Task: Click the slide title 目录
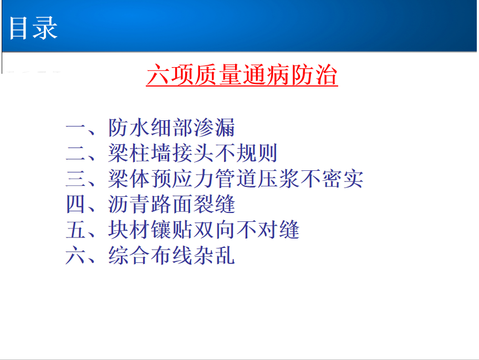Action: tap(33, 28)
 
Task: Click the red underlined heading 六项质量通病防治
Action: tap(242, 75)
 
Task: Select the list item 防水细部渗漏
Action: tap(172, 128)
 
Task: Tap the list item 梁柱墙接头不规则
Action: tap(193, 153)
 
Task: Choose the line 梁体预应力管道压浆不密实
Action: tap(236, 179)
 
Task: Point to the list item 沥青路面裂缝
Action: tap(172, 204)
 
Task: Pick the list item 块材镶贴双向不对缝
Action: tap(204, 230)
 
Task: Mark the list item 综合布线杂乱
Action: tap(172, 255)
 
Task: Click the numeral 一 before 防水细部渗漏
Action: tap(75, 128)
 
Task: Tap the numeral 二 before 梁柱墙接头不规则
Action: tap(75, 153)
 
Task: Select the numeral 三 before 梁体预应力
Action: tap(75, 179)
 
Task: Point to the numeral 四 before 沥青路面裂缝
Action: tap(75, 204)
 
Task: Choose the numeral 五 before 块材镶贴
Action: tap(75, 230)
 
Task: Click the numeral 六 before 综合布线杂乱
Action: tap(75, 256)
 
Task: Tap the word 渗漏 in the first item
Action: tap(215, 128)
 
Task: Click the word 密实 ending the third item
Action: tap(343, 179)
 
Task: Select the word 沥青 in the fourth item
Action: tap(129, 204)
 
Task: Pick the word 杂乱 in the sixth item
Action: tap(215, 255)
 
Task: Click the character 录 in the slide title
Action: tap(45, 28)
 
